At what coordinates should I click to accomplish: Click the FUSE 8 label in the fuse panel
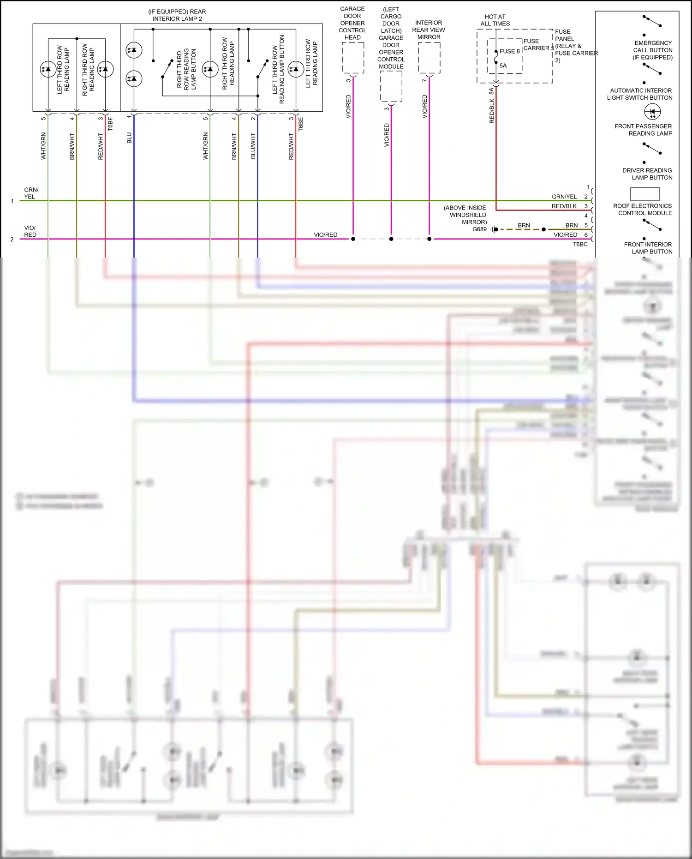[509, 51]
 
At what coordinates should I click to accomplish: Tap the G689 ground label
[479, 229]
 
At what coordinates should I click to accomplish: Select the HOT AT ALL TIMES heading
[495, 20]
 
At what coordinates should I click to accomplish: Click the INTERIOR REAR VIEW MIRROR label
[429, 30]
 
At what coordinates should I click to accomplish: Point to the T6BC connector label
[580, 244]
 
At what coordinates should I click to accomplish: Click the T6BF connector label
[110, 124]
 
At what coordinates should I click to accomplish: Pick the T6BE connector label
[301, 124]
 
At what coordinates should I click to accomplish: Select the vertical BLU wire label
[129, 138]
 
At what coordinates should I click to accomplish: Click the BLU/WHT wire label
[253, 146]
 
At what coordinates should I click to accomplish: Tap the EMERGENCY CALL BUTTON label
[653, 50]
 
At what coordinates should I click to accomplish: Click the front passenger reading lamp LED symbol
[652, 112]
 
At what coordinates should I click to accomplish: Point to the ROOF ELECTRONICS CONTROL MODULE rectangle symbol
[644, 194]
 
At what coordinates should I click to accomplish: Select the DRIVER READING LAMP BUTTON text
[647, 174]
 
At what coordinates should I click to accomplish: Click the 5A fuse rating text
[503, 66]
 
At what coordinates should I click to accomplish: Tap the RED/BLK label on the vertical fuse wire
[492, 111]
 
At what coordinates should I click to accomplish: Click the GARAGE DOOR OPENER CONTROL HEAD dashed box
[353, 58]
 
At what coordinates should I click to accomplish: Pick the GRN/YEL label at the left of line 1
[31, 193]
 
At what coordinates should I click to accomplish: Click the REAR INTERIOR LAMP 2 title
[177, 15]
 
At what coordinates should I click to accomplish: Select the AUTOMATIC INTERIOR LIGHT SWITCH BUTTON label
[640, 94]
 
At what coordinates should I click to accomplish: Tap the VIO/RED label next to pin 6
[565, 235]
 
